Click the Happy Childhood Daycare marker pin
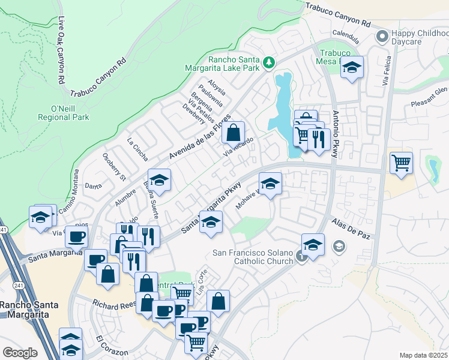(x=382, y=37)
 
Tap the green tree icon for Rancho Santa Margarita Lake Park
(x=270, y=62)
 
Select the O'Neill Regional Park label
(x=70, y=113)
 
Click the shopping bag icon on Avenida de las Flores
(x=234, y=133)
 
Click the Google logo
(x=20, y=353)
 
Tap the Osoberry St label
(x=113, y=169)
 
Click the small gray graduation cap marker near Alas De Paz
(x=339, y=246)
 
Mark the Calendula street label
(x=345, y=35)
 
